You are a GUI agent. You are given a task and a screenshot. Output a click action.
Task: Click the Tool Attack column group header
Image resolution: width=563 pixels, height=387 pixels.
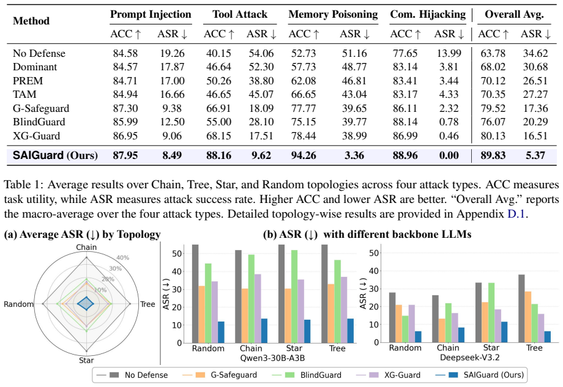pyautogui.click(x=240, y=14)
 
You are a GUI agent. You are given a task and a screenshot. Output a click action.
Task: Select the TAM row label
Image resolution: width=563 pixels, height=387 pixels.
pyautogui.click(x=24, y=94)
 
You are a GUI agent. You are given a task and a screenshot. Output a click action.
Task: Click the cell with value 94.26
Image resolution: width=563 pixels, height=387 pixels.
pyautogui.click(x=304, y=155)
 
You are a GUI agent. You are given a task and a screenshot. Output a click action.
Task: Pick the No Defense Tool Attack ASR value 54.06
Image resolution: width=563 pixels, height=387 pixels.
pyautogui.click(x=261, y=53)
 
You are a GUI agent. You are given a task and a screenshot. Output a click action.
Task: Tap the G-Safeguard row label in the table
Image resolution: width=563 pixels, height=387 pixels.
pyautogui.click(x=41, y=108)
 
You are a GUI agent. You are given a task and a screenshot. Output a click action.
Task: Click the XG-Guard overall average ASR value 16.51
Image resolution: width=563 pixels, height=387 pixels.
pyautogui.click(x=535, y=136)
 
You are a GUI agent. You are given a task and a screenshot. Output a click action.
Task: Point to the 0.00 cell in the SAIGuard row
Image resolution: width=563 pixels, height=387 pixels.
pyautogui.click(x=449, y=155)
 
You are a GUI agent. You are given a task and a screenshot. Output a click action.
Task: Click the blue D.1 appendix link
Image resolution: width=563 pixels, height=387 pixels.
pyautogui.click(x=516, y=214)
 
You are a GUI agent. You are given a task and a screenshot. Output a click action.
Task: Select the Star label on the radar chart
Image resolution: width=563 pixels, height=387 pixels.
pyautogui.click(x=86, y=361)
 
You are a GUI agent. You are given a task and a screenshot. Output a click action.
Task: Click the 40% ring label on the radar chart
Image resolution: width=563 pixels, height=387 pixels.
pyautogui.click(x=123, y=258)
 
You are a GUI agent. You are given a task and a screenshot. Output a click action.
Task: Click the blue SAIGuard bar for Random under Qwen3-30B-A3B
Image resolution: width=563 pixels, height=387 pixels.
pyautogui.click(x=221, y=332)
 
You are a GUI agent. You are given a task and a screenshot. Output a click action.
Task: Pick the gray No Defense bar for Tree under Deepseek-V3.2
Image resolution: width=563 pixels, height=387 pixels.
pyautogui.click(x=521, y=309)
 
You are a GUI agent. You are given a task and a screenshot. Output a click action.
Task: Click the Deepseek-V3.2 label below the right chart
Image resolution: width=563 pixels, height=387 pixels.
pyautogui.click(x=469, y=358)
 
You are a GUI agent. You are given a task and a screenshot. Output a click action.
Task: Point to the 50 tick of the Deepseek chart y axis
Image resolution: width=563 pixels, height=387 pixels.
pyautogui.click(x=374, y=253)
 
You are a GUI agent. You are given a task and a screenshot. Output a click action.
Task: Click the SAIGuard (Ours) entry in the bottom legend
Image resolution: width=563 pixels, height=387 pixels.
pyautogui.click(x=480, y=375)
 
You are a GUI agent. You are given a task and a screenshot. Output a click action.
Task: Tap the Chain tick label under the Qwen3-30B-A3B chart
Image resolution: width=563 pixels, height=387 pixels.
pyautogui.click(x=251, y=348)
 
